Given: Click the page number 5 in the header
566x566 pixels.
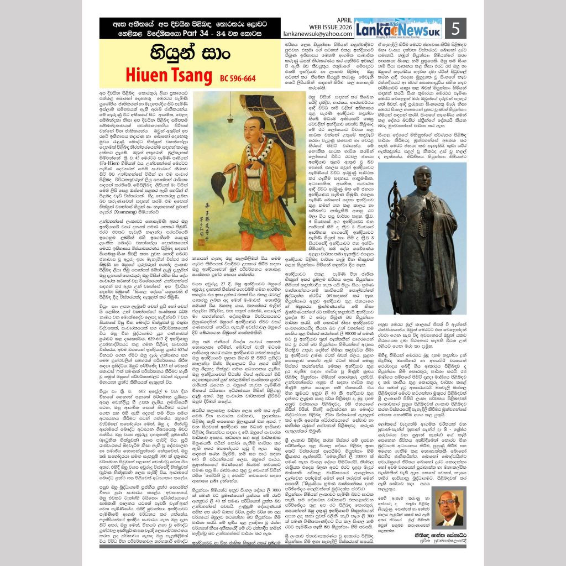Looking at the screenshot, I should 455,28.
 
